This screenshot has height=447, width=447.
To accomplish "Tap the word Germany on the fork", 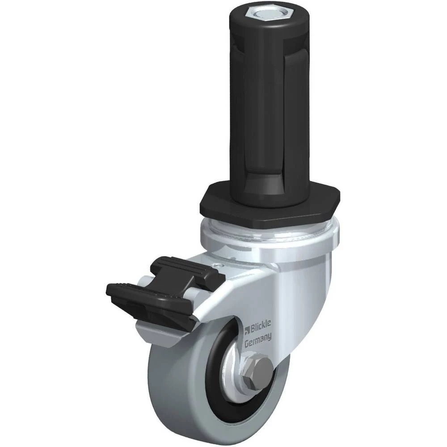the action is [x=258, y=341].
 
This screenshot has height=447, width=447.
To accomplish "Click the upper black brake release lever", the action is [x=187, y=270].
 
